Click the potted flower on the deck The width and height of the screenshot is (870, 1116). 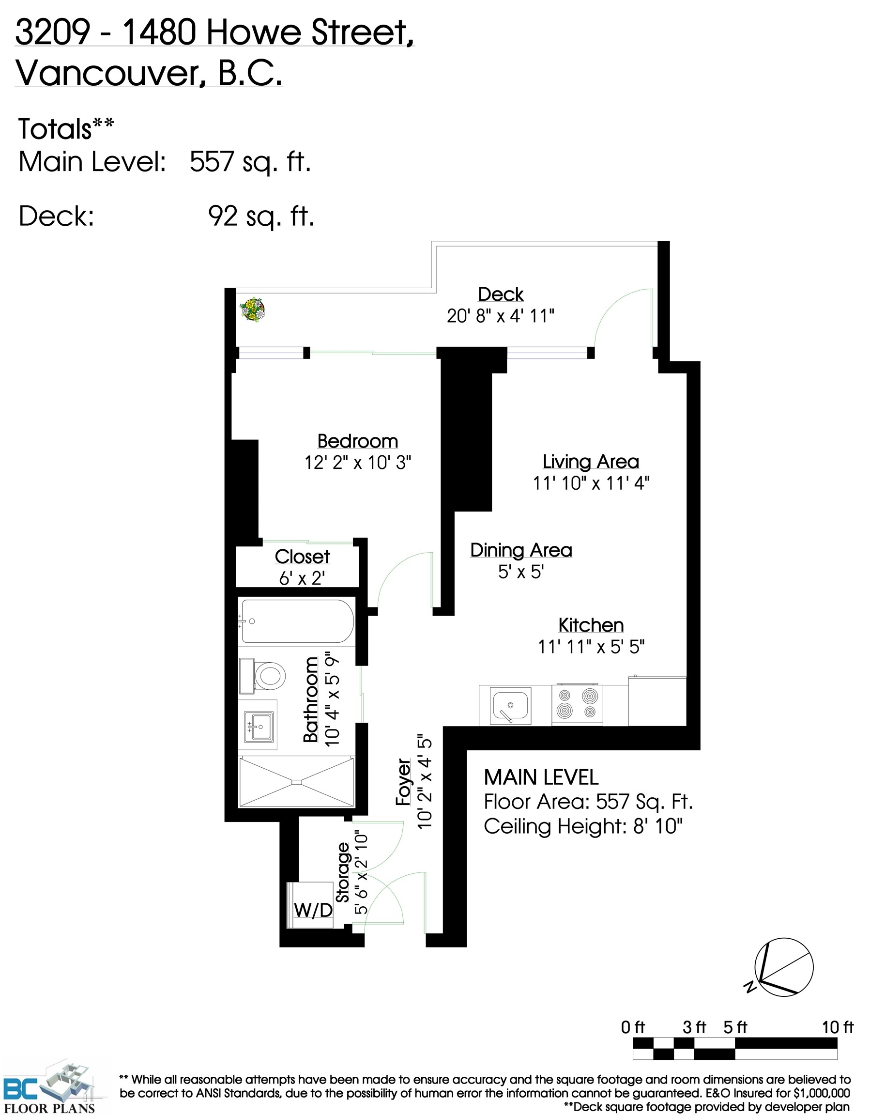click(252, 310)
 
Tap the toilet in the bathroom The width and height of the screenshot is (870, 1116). click(269, 676)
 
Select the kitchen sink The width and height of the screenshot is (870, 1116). click(510, 706)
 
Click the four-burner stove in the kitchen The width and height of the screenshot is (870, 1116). click(577, 704)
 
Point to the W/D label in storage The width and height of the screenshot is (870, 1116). click(313, 910)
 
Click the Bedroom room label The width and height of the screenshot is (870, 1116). click(358, 441)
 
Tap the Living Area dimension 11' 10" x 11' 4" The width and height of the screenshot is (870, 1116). click(591, 483)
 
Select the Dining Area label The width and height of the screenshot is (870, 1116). click(521, 550)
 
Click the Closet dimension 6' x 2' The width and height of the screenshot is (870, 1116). click(302, 578)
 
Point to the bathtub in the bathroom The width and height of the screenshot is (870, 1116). click(297, 621)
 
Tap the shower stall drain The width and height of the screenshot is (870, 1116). click(297, 782)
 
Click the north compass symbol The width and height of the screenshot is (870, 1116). click(783, 967)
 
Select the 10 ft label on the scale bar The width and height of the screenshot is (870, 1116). click(837, 1027)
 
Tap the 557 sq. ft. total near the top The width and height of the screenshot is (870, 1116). click(250, 162)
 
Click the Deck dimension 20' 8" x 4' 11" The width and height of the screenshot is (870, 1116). click(500, 316)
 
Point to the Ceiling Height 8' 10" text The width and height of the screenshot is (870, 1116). click(583, 826)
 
